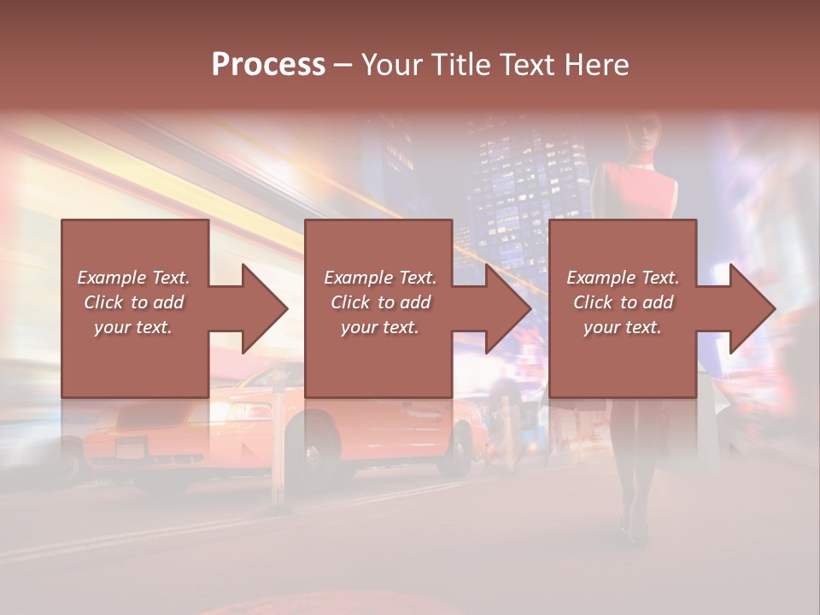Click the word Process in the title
(x=268, y=65)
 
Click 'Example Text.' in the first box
(x=133, y=278)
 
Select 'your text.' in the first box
(x=133, y=327)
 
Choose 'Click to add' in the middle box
(x=380, y=302)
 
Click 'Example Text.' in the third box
(x=623, y=278)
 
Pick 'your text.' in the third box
(x=623, y=327)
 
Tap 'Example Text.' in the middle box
(x=380, y=278)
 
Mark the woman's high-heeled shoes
(x=632, y=530)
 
